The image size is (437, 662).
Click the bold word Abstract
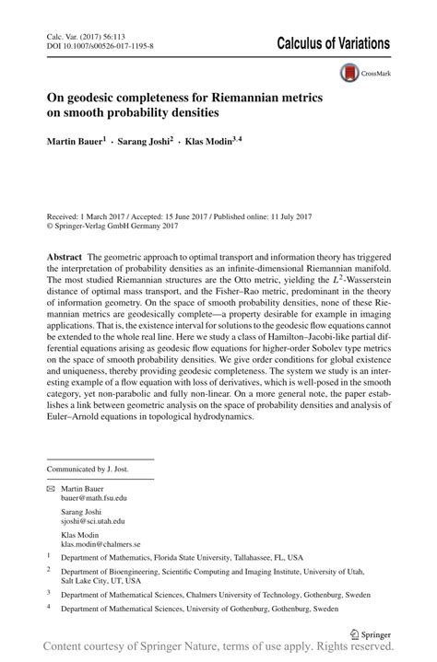click(65, 252)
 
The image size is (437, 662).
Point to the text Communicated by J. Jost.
click(89, 469)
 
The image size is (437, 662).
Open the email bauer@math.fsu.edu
click(94, 497)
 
